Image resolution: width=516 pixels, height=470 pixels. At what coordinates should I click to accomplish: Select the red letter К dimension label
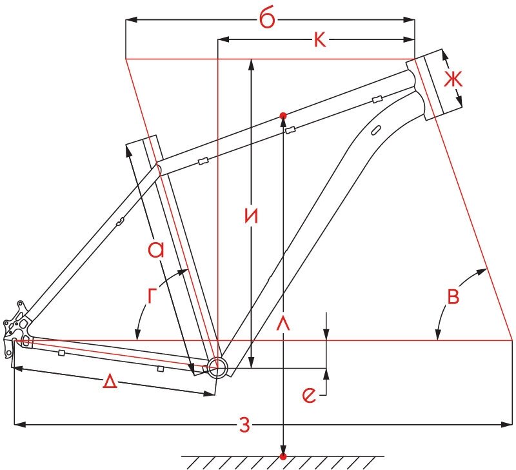click(320, 40)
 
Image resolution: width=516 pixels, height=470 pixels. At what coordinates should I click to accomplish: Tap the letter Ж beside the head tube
click(453, 79)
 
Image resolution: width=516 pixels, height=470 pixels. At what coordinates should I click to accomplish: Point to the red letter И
click(252, 216)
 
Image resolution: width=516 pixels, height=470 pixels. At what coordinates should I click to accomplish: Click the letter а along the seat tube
click(155, 249)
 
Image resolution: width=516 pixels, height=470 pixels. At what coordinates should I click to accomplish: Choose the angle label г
click(151, 295)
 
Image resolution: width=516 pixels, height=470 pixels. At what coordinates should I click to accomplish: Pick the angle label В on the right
click(453, 296)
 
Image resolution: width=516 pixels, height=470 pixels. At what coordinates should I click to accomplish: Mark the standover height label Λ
click(283, 323)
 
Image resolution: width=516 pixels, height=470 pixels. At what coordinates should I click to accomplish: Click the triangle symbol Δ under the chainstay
click(110, 382)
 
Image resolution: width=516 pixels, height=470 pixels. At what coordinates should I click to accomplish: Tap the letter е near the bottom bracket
click(309, 395)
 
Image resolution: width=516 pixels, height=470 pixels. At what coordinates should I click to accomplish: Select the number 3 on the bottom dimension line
click(244, 425)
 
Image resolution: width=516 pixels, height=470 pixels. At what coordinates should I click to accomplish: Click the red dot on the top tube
click(283, 116)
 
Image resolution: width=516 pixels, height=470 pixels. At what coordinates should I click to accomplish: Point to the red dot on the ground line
click(283, 456)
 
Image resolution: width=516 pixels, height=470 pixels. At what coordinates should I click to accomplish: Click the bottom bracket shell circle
click(217, 367)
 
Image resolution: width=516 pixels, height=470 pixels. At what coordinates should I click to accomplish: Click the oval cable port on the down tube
click(375, 130)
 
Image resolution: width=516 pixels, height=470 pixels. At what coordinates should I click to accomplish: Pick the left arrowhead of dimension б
click(131, 20)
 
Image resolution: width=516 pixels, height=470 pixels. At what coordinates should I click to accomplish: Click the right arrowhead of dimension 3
click(507, 425)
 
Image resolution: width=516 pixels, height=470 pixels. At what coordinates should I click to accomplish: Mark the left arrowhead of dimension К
click(223, 40)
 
